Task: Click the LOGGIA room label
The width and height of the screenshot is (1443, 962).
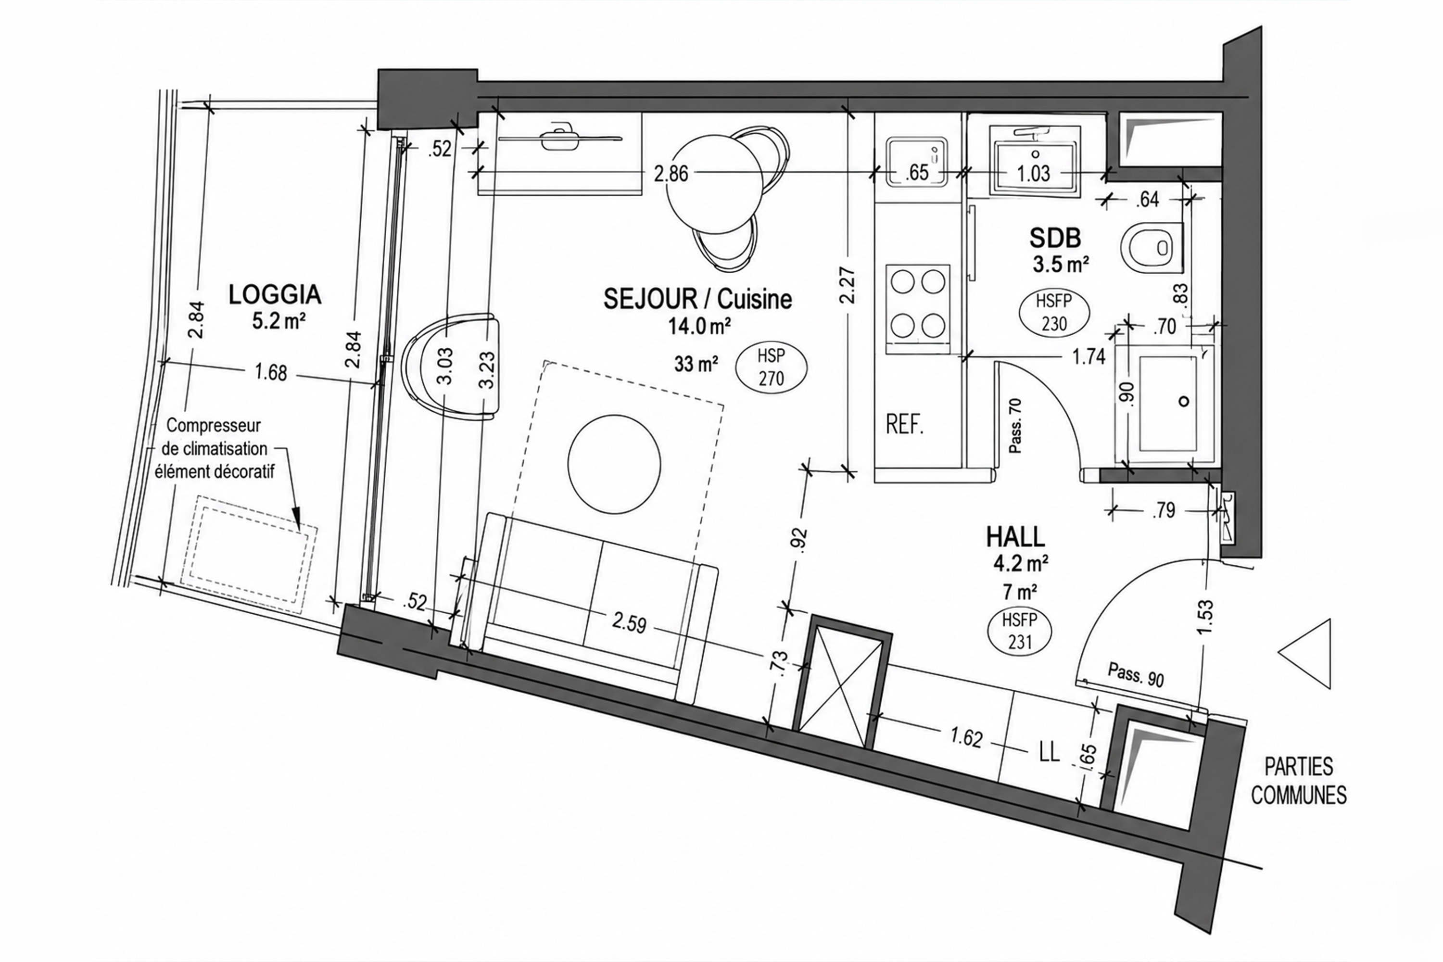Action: pyautogui.click(x=275, y=294)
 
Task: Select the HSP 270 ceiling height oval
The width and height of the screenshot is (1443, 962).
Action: pyautogui.click(x=771, y=367)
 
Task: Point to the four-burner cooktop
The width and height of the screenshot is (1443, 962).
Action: pyautogui.click(x=918, y=309)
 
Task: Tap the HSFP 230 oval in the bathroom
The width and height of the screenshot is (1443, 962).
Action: pyautogui.click(x=1054, y=312)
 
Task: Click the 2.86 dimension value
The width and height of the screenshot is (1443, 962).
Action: pyautogui.click(x=671, y=174)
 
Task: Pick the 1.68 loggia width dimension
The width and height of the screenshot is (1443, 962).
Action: pyautogui.click(x=270, y=372)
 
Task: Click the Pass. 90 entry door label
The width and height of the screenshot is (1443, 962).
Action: pyautogui.click(x=1136, y=675)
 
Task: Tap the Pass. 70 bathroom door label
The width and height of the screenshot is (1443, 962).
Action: pyautogui.click(x=1015, y=426)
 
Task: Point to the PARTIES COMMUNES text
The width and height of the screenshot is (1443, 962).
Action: pyautogui.click(x=1299, y=781)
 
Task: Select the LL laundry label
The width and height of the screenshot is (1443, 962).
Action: pyautogui.click(x=1050, y=752)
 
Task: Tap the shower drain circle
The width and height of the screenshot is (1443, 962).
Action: pyautogui.click(x=1184, y=401)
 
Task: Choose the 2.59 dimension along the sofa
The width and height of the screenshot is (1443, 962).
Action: pyautogui.click(x=628, y=624)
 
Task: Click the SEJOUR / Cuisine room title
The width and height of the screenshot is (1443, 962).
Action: pyautogui.click(x=697, y=299)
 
